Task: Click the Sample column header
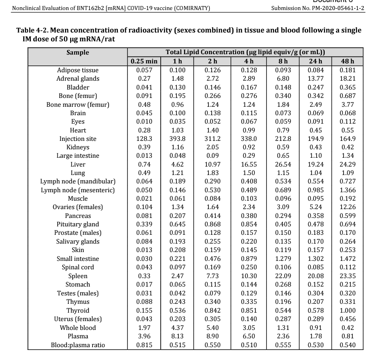tap(78, 52)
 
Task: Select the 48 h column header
tap(348, 61)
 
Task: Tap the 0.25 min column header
tap(144, 61)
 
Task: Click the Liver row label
tap(78, 164)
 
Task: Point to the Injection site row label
tap(78, 138)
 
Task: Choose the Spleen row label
tap(78, 276)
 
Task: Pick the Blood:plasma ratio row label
tap(78, 345)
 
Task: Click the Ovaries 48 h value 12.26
tap(348, 207)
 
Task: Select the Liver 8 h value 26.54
tap(283, 164)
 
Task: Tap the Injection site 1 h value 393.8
tap(178, 138)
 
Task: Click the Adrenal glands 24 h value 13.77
tap(315, 79)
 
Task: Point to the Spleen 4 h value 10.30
tap(249, 276)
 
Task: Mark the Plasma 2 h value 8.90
tap(212, 336)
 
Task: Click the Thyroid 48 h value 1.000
tap(348, 310)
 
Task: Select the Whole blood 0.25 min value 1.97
tap(144, 327)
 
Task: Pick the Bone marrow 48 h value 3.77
tap(348, 104)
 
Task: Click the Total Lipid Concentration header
tap(245, 52)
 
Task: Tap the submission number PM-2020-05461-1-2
tap(338, 8)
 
